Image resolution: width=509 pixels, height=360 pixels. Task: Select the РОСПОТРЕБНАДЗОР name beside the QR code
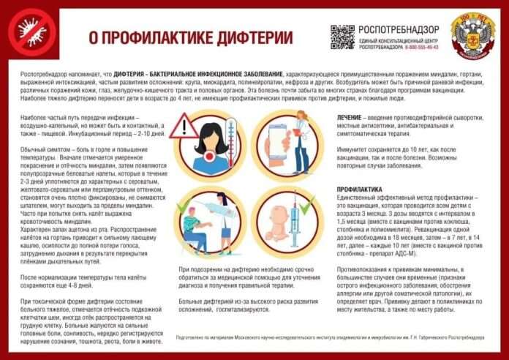395,29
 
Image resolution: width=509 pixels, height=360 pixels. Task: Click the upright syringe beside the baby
296,223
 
